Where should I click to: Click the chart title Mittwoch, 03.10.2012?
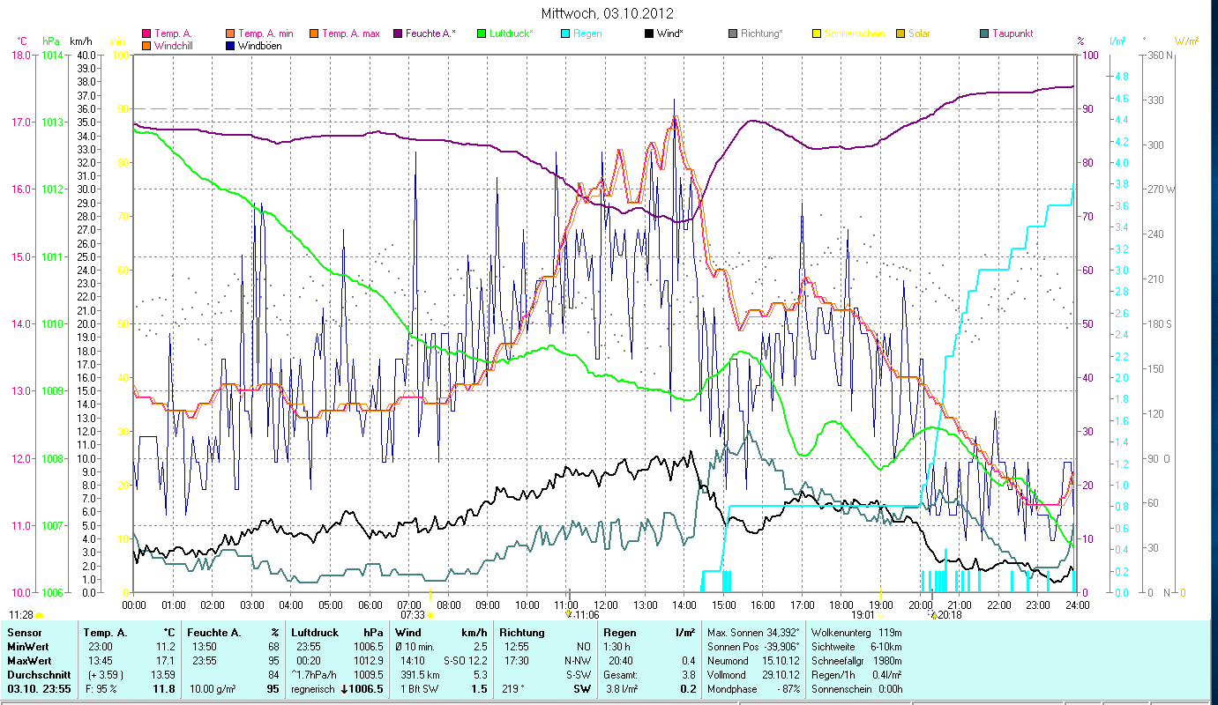pyautogui.click(x=609, y=13)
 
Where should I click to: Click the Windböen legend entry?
pyautogui.click(x=259, y=46)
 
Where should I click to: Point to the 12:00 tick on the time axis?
pyautogui.click(x=606, y=605)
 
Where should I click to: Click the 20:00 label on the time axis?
pyautogui.click(x=920, y=605)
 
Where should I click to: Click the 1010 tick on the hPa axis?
pyautogui.click(x=52, y=324)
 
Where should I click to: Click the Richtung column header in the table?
pyautogui.click(x=522, y=633)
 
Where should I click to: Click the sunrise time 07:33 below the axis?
pyautogui.click(x=413, y=614)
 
